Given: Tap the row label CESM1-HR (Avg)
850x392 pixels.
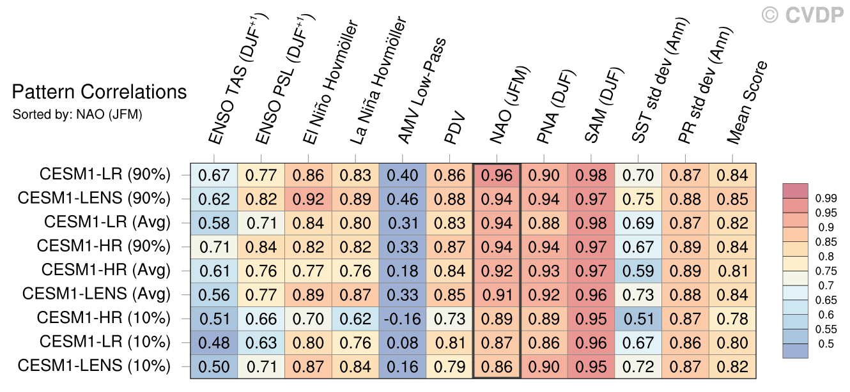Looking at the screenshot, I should [106, 270].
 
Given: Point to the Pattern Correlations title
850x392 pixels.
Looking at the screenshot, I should [99, 93].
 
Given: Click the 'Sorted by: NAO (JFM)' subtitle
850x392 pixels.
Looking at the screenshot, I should [77, 115].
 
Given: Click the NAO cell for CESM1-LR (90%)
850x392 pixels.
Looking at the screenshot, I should [497, 175].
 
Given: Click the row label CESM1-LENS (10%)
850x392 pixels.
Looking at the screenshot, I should [95, 366].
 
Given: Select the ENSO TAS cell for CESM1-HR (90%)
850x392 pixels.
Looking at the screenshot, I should [213, 246].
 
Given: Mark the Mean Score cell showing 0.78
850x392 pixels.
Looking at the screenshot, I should [732, 318].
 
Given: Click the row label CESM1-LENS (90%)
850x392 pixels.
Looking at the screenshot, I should [95, 199].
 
